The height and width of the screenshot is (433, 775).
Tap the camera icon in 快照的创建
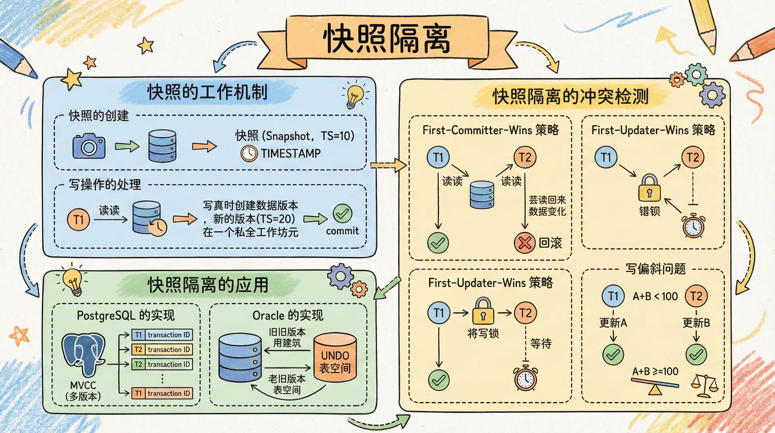point(89,146)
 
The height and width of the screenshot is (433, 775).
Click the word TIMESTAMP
point(291,153)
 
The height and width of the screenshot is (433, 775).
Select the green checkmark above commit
point(342,214)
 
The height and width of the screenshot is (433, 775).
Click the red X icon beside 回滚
point(524,243)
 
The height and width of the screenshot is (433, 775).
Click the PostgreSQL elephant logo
point(84,354)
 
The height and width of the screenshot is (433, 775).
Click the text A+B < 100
point(655,296)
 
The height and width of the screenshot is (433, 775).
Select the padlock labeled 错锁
point(649,188)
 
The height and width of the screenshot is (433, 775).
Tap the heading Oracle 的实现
point(288,315)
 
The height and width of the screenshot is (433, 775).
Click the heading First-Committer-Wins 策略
point(490,130)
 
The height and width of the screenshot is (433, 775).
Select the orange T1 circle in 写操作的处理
point(78,220)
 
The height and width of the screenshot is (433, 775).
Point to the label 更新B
point(696,323)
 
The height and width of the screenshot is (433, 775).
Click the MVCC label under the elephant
point(83,385)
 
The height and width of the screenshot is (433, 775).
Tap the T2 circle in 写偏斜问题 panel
point(696,296)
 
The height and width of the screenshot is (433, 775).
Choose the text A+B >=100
point(655,372)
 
